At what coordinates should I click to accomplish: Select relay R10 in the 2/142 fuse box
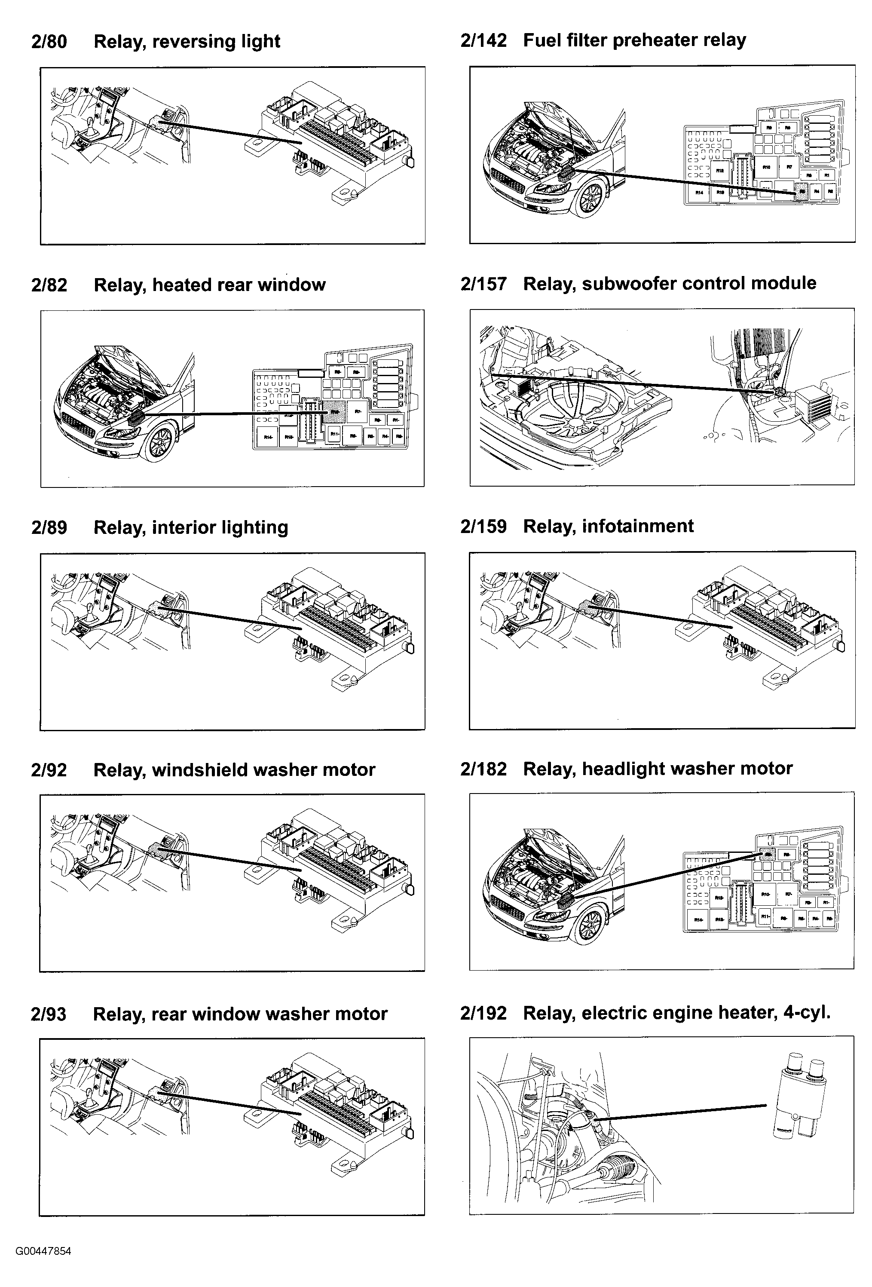(766, 167)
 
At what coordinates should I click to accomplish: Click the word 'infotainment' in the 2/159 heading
(637, 526)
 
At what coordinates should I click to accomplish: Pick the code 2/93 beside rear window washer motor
(49, 1014)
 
